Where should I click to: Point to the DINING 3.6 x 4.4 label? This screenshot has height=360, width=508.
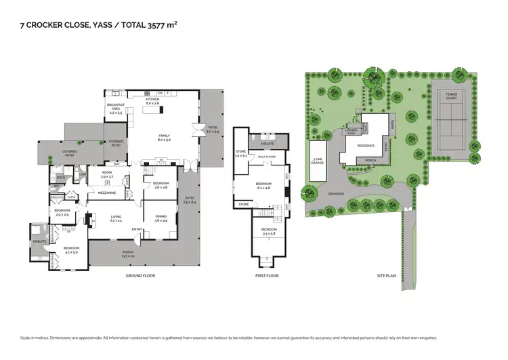click(161, 218)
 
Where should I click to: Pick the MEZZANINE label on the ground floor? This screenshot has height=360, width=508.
click(106, 193)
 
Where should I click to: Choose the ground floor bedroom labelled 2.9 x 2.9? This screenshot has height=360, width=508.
click(62, 212)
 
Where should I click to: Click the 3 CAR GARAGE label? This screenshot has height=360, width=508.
click(318, 162)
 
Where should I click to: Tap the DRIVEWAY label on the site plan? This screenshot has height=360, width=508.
click(356, 193)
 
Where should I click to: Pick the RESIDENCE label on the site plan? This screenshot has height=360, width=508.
click(366, 145)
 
